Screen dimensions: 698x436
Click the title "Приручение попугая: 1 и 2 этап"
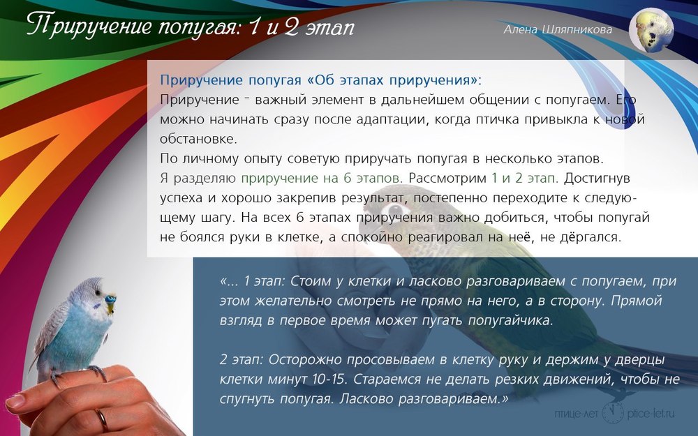coord(191,26)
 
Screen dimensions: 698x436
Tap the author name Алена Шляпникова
coord(558,30)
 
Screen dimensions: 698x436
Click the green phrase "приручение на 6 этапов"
coord(321,178)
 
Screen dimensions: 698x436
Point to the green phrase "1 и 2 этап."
coord(525,178)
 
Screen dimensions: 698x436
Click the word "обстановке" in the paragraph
coord(198,139)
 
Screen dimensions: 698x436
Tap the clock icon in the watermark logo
coord(613,412)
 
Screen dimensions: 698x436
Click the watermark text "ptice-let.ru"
coord(651,413)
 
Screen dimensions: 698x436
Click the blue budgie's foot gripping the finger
coord(98,372)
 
